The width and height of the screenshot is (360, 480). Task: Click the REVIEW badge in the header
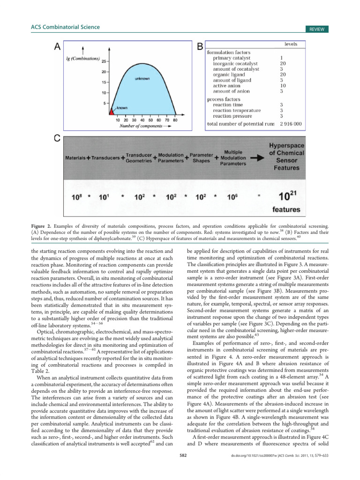coord(316,29)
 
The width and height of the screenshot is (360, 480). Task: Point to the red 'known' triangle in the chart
coord(112,112)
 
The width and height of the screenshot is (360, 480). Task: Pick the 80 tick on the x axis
coord(175,120)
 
